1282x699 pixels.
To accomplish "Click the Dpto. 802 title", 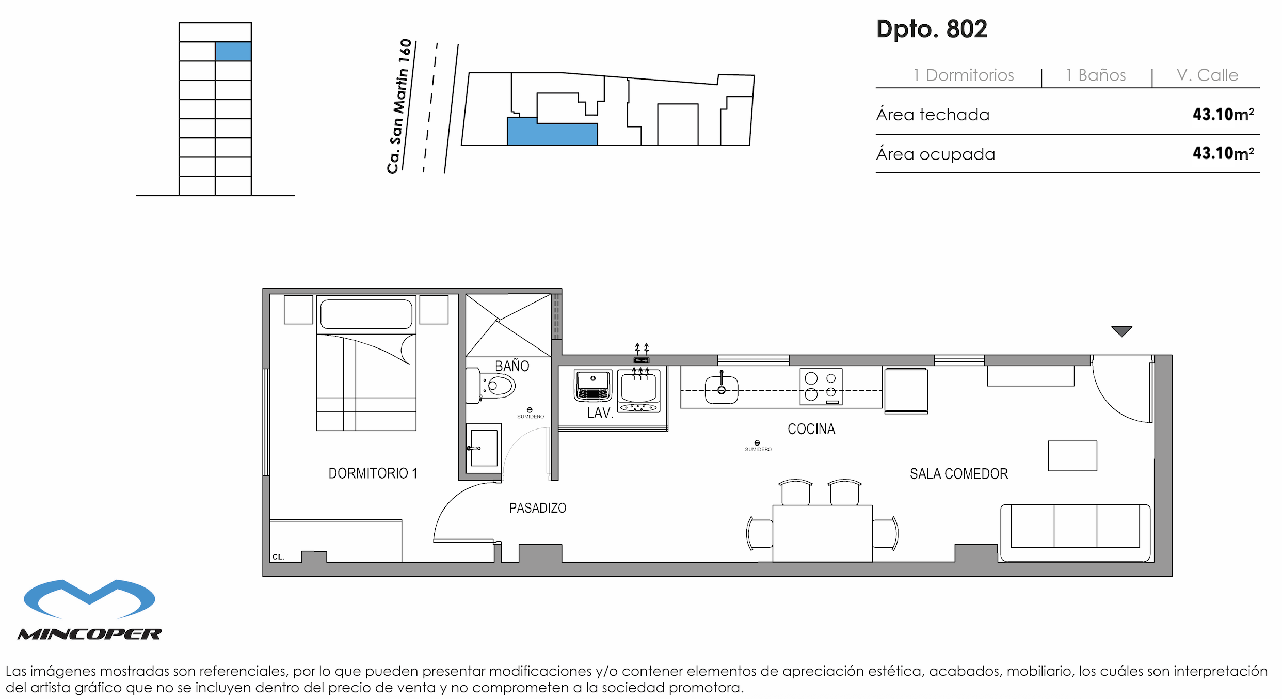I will pyautogui.click(x=932, y=29).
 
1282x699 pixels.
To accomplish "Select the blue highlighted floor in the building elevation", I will pyautogui.click(x=233, y=52).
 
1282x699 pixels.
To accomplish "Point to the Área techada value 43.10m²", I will pyautogui.click(x=1223, y=114).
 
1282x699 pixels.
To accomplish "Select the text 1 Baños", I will pyautogui.click(x=1096, y=75).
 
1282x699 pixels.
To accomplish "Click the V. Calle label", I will pyautogui.click(x=1207, y=75).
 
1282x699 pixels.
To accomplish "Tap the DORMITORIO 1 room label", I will pyautogui.click(x=373, y=473).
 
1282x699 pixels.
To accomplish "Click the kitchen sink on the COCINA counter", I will pyautogui.click(x=721, y=390).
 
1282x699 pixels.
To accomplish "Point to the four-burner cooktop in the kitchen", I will pyautogui.click(x=821, y=386).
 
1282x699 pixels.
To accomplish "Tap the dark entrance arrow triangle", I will pyautogui.click(x=1121, y=331).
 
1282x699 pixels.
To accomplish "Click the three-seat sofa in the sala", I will pyautogui.click(x=1075, y=532).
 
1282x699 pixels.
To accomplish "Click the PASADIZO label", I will pyautogui.click(x=537, y=508).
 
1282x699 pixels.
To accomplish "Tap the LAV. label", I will pyautogui.click(x=600, y=413).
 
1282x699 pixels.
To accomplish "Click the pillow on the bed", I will pyautogui.click(x=366, y=314).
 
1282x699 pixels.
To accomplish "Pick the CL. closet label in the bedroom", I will pyautogui.click(x=278, y=557).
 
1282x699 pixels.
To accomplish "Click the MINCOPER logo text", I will pyautogui.click(x=89, y=634).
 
